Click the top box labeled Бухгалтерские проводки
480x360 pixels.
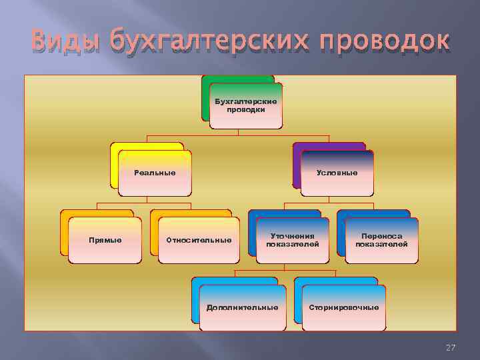(245, 105)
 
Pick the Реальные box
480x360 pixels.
(155, 173)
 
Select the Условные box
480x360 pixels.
(337, 173)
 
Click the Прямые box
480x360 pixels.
(105, 240)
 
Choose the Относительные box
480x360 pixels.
(199, 240)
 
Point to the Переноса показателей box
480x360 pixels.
(381, 240)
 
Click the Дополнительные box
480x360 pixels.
(242, 307)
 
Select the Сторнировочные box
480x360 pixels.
(344, 307)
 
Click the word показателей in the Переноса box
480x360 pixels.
(381, 244)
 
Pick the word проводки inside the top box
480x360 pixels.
(245, 109)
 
